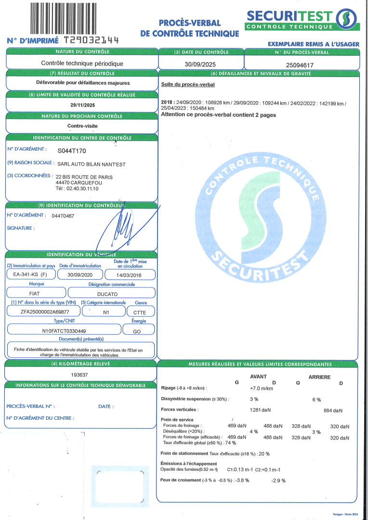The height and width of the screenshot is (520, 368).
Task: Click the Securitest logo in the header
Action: [x=302, y=19]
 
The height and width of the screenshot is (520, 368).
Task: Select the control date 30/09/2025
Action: [x=200, y=64]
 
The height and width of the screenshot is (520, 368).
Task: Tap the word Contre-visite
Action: [x=82, y=126]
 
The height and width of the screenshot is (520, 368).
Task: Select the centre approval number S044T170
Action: [x=71, y=151]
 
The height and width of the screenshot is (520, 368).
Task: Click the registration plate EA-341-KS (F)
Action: [x=30, y=275]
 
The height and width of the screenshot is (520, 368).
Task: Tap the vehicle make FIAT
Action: [x=35, y=293]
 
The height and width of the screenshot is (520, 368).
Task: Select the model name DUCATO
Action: [x=112, y=293]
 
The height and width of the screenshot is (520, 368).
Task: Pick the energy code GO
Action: [x=137, y=331]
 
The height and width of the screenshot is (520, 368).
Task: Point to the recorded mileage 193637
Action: [x=80, y=374]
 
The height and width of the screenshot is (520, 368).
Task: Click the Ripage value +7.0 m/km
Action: [x=262, y=388]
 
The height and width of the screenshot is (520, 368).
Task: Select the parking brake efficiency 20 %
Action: [x=264, y=454]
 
